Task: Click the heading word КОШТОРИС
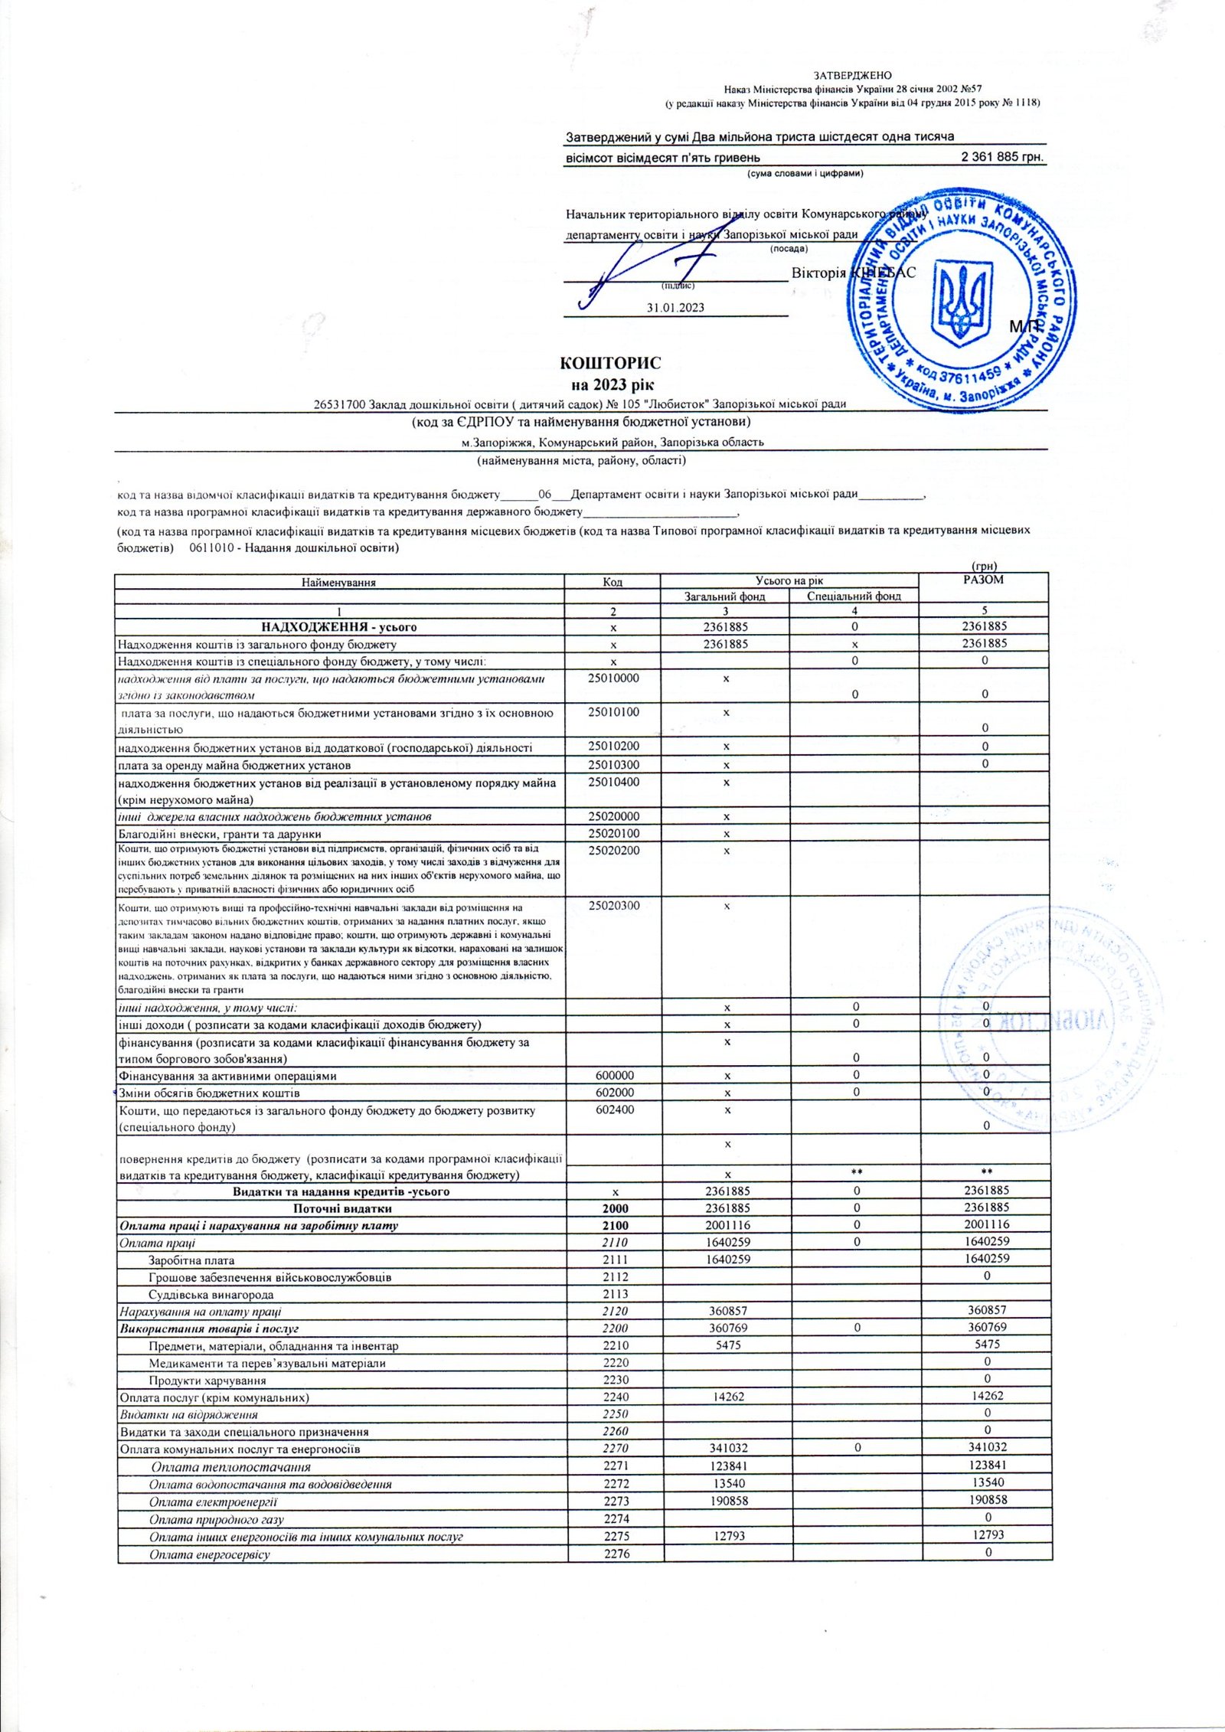click(611, 361)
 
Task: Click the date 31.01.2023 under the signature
click(675, 308)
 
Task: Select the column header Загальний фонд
click(724, 596)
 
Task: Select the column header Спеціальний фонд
click(854, 596)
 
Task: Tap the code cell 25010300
click(612, 764)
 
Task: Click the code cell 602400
click(612, 1109)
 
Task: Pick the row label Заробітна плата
click(191, 1260)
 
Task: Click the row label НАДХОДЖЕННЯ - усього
click(338, 626)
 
